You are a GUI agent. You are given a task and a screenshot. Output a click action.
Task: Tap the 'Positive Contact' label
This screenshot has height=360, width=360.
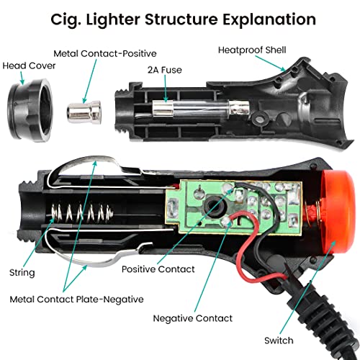(158, 269)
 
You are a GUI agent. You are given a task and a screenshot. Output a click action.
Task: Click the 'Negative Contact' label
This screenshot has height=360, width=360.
(192, 318)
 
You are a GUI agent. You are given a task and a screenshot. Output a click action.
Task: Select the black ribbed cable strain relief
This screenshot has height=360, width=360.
(323, 302)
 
